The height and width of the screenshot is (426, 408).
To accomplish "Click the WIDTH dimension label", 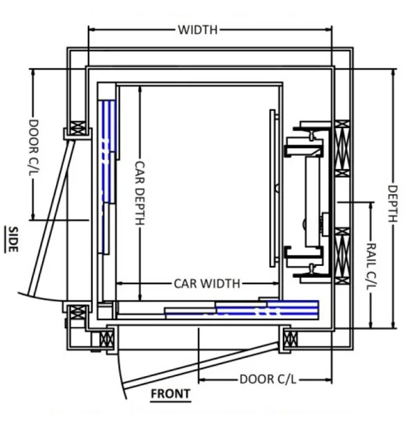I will [198, 30].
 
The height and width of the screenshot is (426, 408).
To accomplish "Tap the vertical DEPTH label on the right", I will [392, 204].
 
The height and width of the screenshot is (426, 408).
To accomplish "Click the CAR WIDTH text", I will [207, 283].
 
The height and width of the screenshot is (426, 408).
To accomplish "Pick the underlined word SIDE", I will [12, 238].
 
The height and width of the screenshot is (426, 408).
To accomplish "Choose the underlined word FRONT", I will [170, 394].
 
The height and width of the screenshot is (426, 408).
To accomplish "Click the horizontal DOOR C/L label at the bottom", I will [266, 380].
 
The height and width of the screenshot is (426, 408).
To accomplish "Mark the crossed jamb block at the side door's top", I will [77, 129].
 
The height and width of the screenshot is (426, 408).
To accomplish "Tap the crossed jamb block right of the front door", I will [290, 339].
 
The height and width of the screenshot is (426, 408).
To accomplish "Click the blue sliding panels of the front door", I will [266, 308].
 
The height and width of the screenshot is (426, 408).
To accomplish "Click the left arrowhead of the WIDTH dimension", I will [91, 30].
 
